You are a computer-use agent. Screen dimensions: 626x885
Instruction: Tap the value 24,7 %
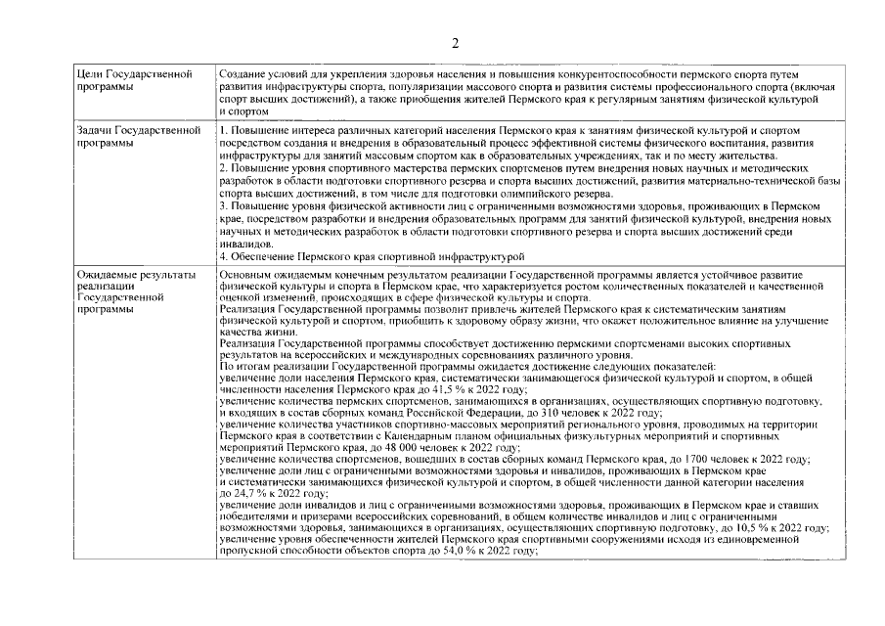point(247,494)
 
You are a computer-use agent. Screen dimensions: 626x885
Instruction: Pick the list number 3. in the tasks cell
point(223,205)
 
